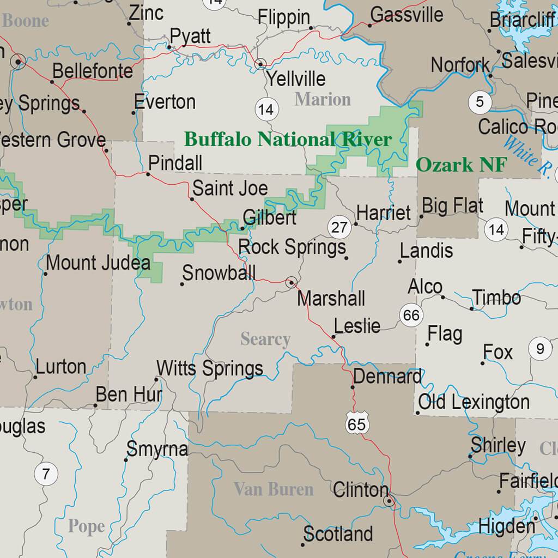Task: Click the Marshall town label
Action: (x=331, y=299)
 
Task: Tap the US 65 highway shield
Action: (x=356, y=423)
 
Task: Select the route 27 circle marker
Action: (x=339, y=227)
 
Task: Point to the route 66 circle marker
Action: (x=411, y=315)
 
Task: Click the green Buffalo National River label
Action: (x=288, y=139)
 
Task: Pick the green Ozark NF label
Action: (x=461, y=165)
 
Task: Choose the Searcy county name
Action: (x=265, y=339)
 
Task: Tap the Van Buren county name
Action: (x=274, y=489)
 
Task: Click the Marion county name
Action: (x=323, y=99)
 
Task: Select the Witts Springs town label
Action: (x=210, y=368)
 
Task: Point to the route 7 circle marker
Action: (x=46, y=473)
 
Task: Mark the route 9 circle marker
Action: (x=540, y=348)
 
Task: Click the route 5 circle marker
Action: (x=480, y=102)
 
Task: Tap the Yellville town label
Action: (x=295, y=79)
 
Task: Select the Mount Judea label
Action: (x=98, y=263)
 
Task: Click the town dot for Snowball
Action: (x=182, y=284)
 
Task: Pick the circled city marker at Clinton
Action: (x=389, y=501)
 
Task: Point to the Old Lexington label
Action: (x=474, y=402)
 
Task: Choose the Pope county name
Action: (x=86, y=526)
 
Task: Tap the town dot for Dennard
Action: (x=353, y=387)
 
